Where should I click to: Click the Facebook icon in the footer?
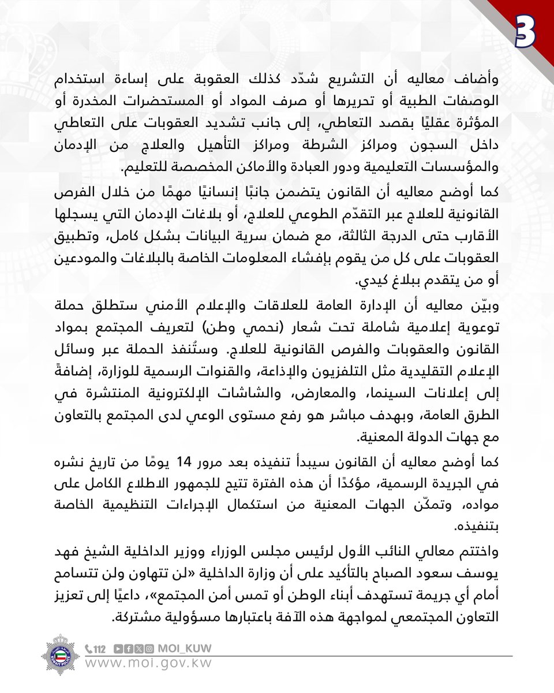tap(128, 648)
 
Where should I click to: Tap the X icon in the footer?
tap(138, 648)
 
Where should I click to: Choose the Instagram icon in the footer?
tap(149, 648)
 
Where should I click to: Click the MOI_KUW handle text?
tap(184, 648)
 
